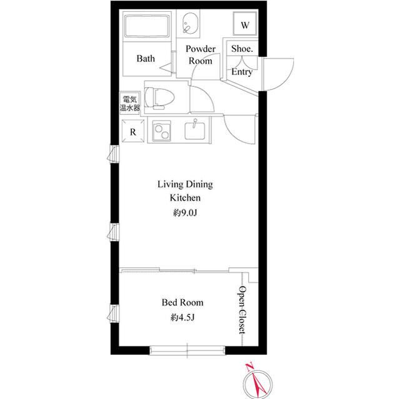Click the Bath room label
click(x=146, y=59)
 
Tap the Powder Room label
click(x=200, y=55)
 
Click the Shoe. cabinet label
click(x=242, y=48)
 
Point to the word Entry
click(x=242, y=72)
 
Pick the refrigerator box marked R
click(x=132, y=131)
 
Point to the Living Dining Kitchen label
click(x=184, y=190)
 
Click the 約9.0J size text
click(x=184, y=213)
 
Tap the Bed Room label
click(x=182, y=302)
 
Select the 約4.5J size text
click(x=182, y=318)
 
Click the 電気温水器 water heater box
click(x=131, y=103)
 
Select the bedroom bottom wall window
click(x=187, y=347)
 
